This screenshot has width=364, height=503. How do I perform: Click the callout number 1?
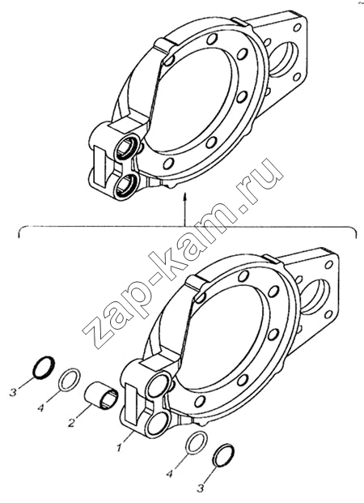click(119, 447)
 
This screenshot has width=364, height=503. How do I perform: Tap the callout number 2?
click(71, 423)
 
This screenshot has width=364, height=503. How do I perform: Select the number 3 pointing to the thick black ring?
click(13, 392)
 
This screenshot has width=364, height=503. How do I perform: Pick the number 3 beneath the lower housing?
click(201, 488)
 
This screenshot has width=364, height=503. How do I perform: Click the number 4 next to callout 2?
click(40, 408)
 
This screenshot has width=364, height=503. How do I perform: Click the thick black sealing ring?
click(44, 368)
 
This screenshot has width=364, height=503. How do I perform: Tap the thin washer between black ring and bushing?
click(70, 380)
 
